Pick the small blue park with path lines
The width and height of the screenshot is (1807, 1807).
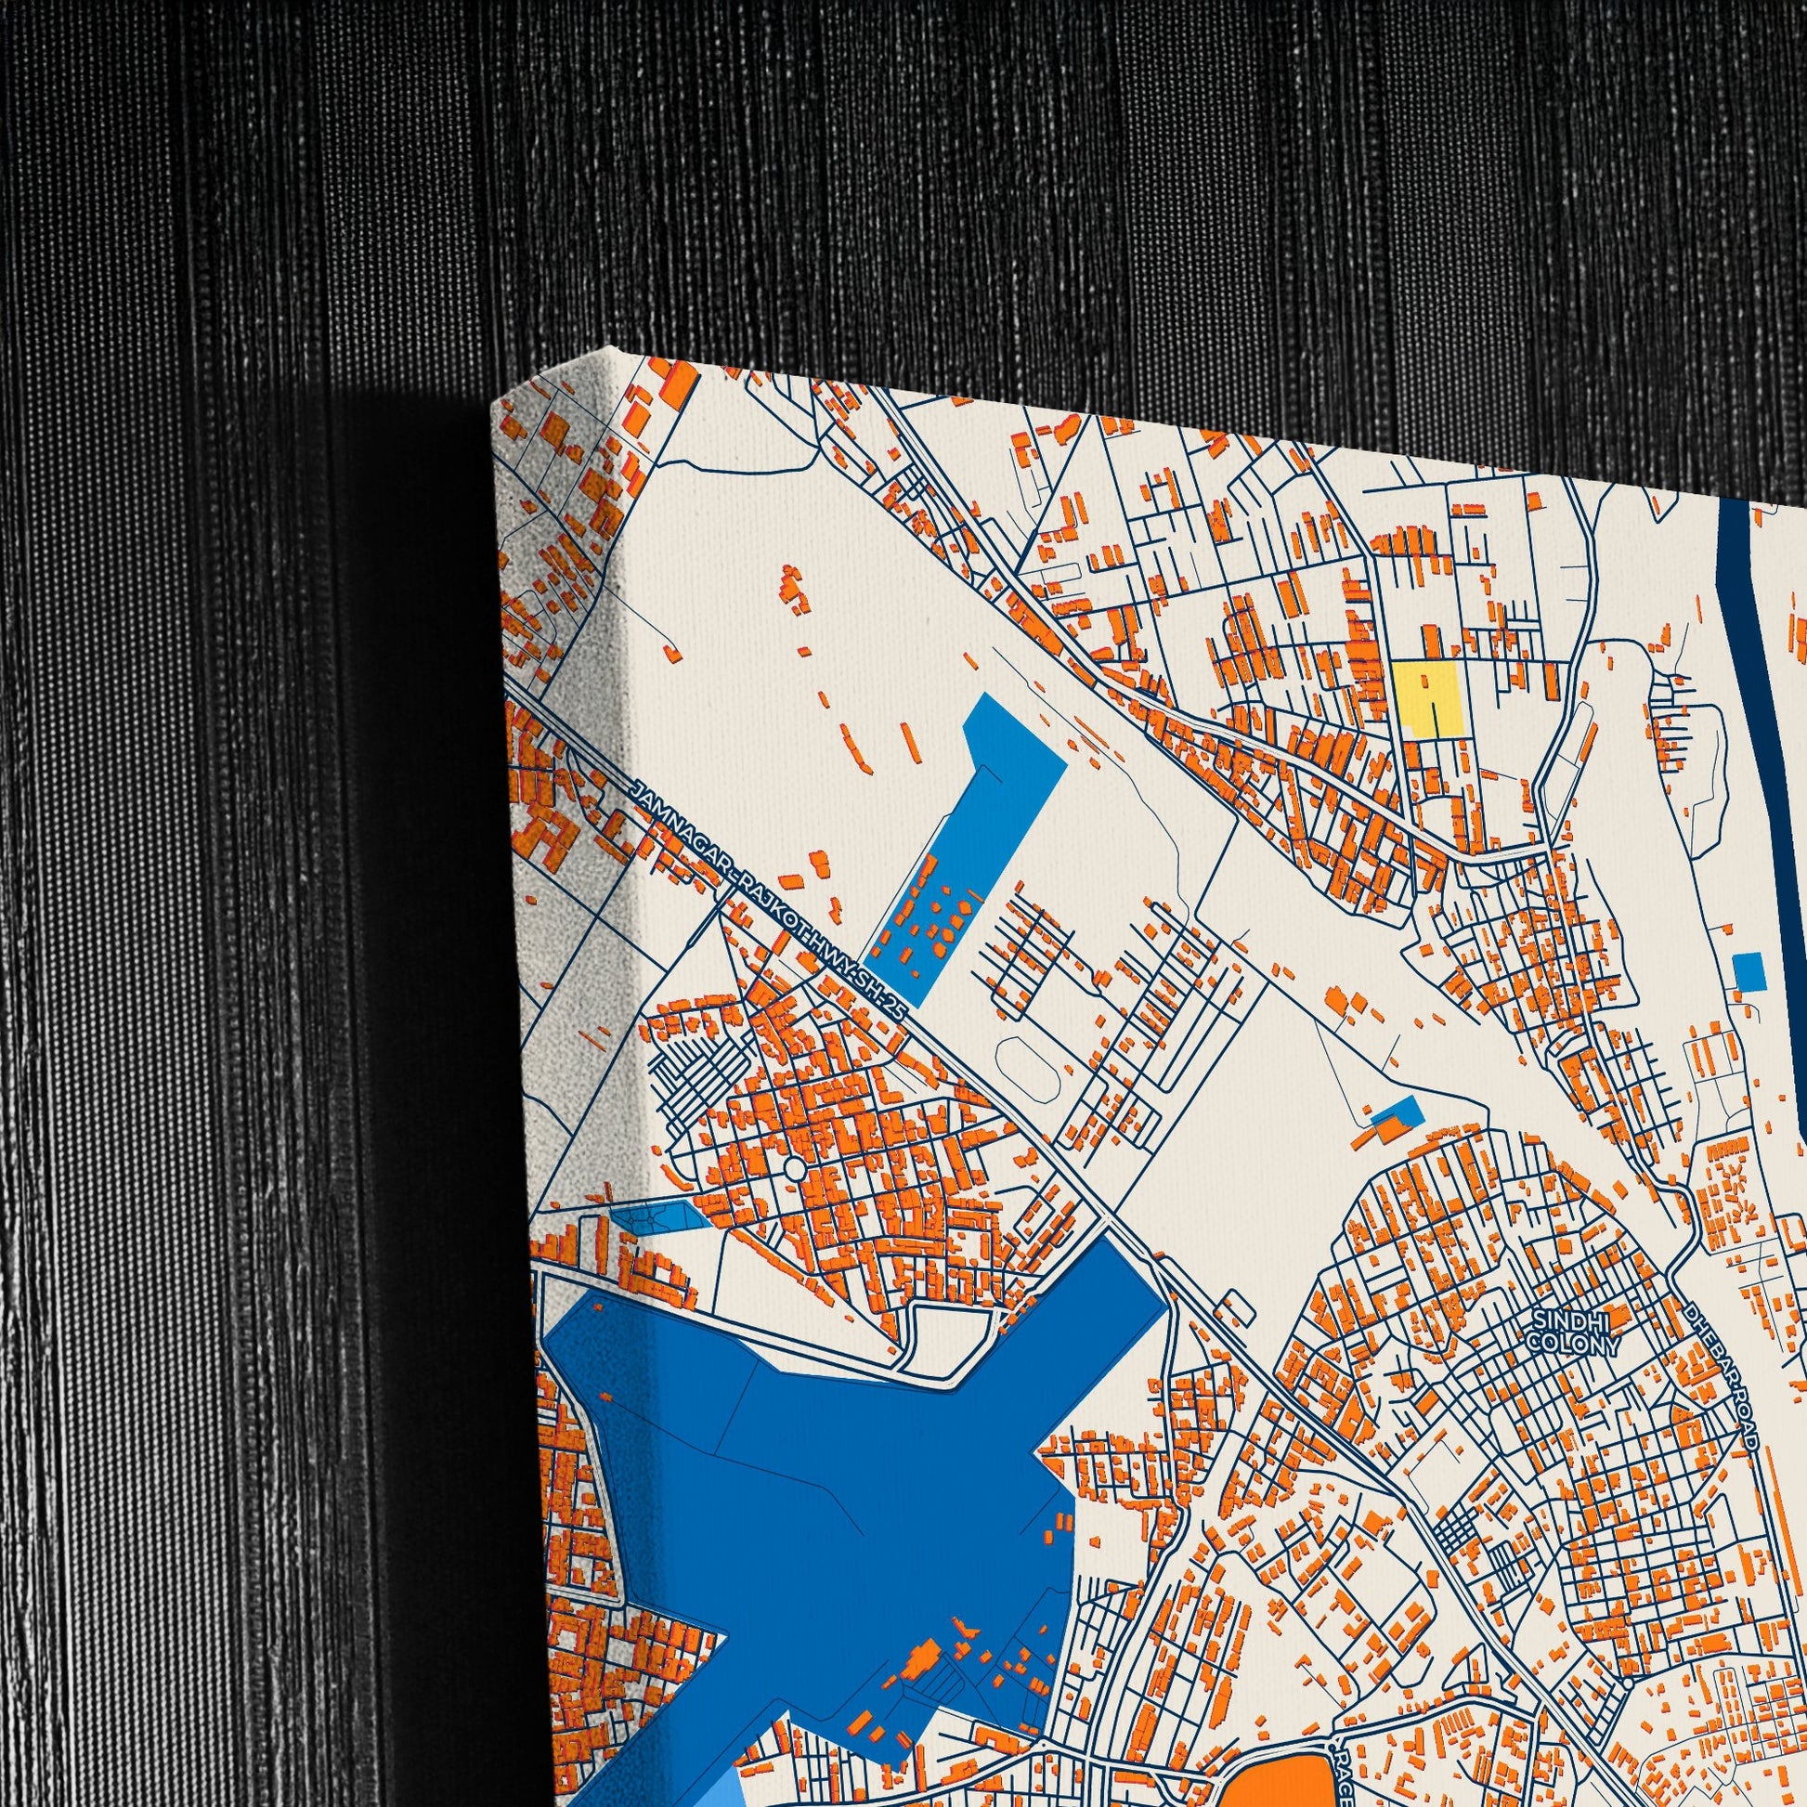[x=657, y=1217]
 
